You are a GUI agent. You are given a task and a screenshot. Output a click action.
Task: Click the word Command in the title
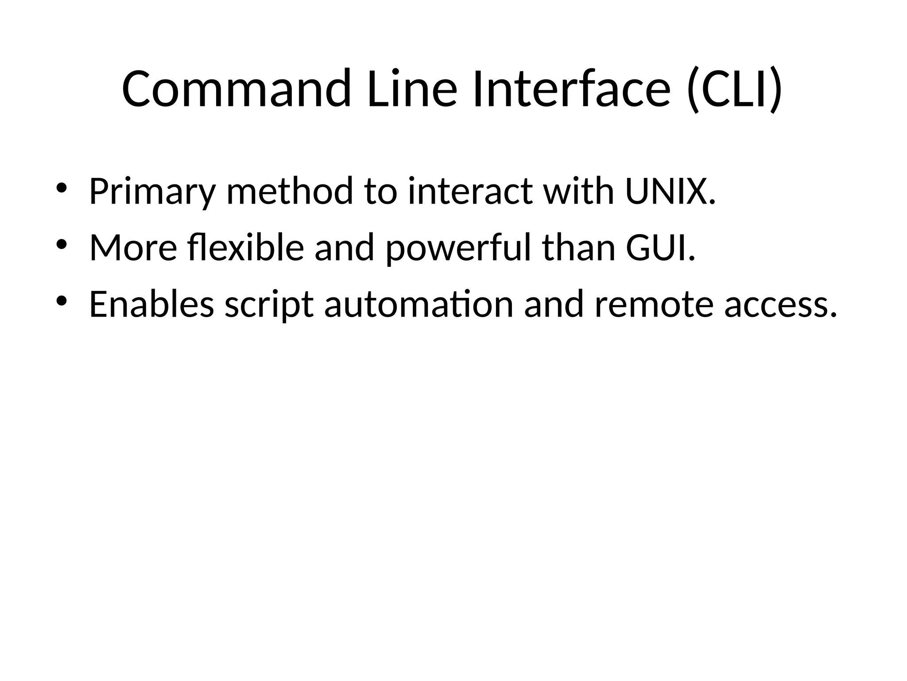(236, 89)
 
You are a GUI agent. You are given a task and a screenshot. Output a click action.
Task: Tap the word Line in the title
(411, 89)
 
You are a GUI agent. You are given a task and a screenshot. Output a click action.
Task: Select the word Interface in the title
(571, 89)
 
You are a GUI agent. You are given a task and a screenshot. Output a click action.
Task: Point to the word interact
(470, 191)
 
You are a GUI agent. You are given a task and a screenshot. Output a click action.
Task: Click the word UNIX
(670, 191)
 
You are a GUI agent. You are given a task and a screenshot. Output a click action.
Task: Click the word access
(781, 305)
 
